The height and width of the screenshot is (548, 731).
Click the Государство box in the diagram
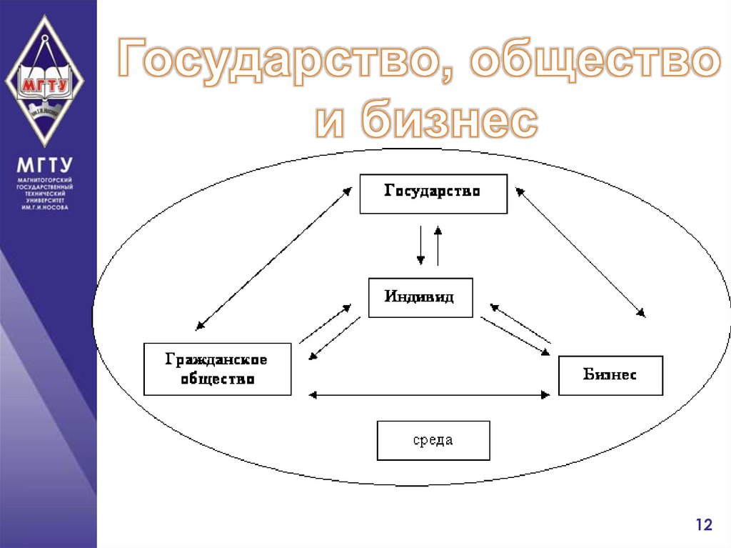click(433, 193)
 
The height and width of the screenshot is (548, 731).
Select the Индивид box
click(420, 297)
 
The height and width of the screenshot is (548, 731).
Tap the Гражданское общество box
click(217, 369)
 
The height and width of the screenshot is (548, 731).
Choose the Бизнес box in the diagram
click(610, 374)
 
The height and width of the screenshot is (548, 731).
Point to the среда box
click(433, 440)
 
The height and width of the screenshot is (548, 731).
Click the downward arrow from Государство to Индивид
click(421, 244)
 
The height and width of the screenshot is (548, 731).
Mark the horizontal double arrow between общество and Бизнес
click(430, 394)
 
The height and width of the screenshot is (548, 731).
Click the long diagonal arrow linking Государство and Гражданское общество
click(274, 257)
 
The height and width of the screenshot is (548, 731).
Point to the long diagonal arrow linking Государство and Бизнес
click(580, 251)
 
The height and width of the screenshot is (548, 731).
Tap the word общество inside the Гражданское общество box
click(217, 379)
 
